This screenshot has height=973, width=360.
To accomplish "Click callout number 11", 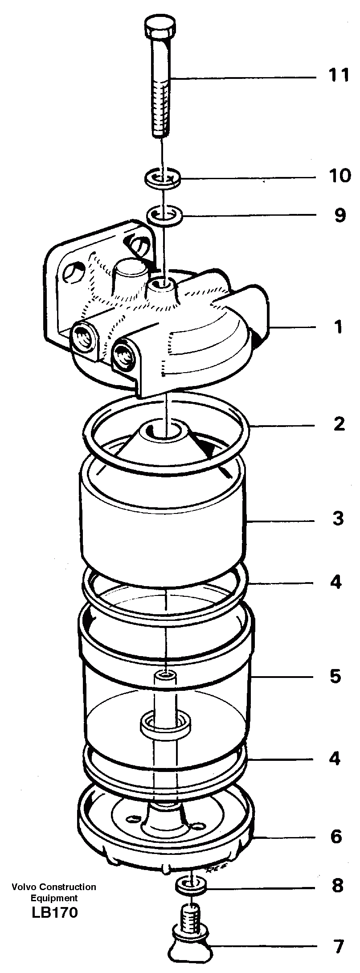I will click(x=339, y=75).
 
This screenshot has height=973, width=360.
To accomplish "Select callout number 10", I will click(x=340, y=176).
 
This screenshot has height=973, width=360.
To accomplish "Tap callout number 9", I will click(x=340, y=215).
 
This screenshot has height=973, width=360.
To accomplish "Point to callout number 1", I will click(x=339, y=327).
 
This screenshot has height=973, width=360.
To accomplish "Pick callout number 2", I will click(x=339, y=423).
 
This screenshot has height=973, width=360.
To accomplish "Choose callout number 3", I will click(x=338, y=519).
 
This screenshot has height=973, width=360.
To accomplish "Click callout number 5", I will click(x=335, y=676).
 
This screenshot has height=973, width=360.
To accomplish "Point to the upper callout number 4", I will click(x=336, y=582).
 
